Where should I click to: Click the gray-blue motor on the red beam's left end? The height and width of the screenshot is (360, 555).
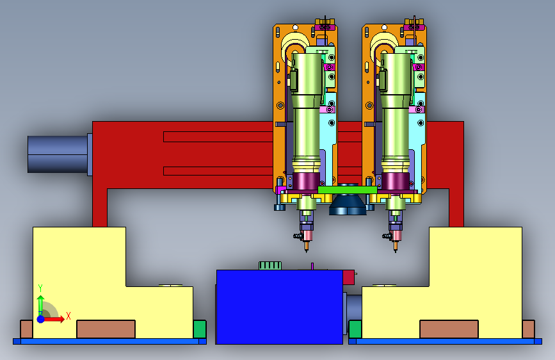click(x=58, y=154)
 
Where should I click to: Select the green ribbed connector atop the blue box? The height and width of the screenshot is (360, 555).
click(x=270, y=266)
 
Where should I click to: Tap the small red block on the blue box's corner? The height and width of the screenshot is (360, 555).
click(x=349, y=277)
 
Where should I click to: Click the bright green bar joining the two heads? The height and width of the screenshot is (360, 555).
click(x=347, y=190)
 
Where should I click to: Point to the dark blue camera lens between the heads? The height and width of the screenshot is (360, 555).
click(x=348, y=205)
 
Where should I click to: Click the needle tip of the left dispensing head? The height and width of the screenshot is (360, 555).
click(x=307, y=251)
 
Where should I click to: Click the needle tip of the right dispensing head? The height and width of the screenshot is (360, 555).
click(x=396, y=251)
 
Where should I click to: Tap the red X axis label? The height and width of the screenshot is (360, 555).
click(x=68, y=316)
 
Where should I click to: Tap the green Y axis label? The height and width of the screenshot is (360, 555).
click(x=40, y=288)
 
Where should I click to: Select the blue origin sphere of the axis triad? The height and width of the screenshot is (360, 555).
click(x=41, y=319)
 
